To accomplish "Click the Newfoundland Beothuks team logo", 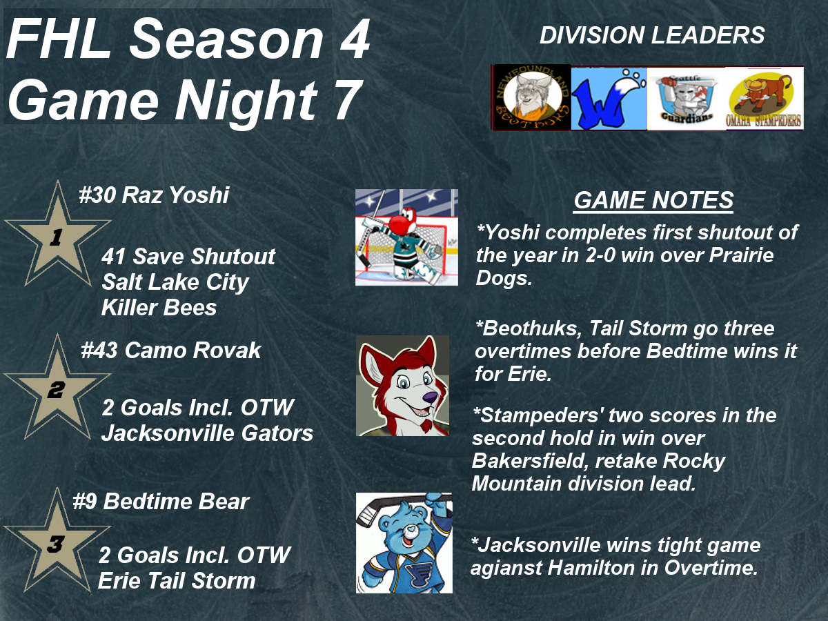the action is [531, 97].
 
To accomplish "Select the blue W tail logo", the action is [609, 99].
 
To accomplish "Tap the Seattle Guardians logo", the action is [686, 99].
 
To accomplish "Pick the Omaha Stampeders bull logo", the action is [765, 99].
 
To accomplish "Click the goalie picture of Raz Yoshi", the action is [406, 237].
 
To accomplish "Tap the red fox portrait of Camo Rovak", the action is [402, 386].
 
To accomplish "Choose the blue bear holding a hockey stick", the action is [404, 543].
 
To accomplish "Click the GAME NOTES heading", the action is [653, 200].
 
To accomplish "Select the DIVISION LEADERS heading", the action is [652, 35].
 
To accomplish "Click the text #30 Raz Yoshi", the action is [154, 195].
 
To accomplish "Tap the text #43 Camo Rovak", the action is [171, 351].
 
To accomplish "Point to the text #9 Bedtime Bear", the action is [161, 502].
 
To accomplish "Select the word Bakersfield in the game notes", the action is [530, 460].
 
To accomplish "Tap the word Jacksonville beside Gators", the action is [168, 433].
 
